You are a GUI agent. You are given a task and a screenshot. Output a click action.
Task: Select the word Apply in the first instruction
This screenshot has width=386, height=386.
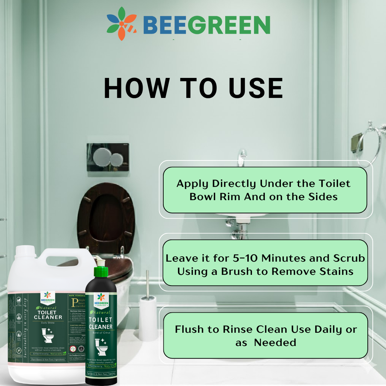point(192,184)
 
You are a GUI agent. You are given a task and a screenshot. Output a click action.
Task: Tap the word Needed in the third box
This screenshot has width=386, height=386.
point(275,342)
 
